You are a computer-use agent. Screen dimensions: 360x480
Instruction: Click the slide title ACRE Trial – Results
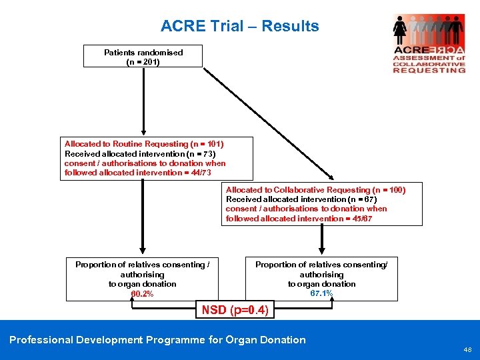239,27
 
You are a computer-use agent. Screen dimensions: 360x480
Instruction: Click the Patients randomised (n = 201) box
143,57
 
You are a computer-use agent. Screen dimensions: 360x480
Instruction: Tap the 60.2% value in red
142,293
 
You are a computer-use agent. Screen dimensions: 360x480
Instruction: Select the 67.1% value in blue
321,293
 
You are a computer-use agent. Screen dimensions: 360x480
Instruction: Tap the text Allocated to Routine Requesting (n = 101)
144,144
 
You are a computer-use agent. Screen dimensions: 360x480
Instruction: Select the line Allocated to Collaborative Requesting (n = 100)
315,190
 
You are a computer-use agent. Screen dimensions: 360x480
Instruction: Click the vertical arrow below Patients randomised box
143,100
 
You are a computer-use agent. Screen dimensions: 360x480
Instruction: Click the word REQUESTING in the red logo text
429,70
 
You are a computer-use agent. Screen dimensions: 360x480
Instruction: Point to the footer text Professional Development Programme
157,340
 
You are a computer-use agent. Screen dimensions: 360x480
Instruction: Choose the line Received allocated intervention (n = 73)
140,153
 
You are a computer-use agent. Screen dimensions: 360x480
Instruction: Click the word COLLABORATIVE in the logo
429,64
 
